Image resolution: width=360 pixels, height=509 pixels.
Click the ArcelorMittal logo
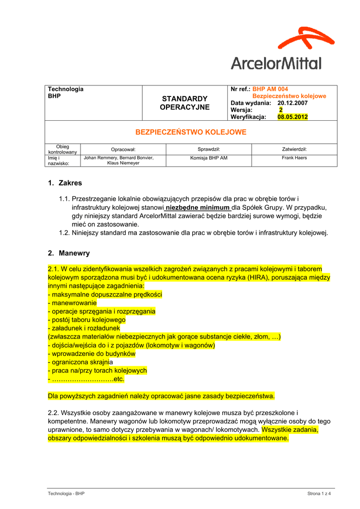pyautogui.click(x=277, y=49)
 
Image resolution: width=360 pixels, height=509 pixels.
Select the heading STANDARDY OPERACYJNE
pyautogui.click(x=184, y=103)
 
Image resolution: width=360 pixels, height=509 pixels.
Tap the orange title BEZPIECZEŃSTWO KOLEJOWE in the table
pyautogui.click(x=191, y=132)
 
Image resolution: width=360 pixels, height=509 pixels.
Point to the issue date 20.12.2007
pyautogui.click(x=292, y=103)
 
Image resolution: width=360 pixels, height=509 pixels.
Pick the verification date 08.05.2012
pyautogui.click(x=292, y=117)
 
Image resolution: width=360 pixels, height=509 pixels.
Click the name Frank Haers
pyautogui.click(x=294, y=158)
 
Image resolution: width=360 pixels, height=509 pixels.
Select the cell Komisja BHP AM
pyautogui.click(x=209, y=158)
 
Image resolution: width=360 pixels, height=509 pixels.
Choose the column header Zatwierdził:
pyautogui.click(x=294, y=149)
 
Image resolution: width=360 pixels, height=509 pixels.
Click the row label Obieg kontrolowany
pyautogui.click(x=63, y=149)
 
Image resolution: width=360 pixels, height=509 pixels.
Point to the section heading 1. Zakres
pyautogui.click(x=65, y=183)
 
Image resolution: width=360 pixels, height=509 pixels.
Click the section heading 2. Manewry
pyautogui.click(x=69, y=253)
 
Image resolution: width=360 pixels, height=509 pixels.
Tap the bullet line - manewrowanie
pyautogui.click(x=73, y=303)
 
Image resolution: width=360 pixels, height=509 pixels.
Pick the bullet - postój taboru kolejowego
pyautogui.click(x=87, y=320)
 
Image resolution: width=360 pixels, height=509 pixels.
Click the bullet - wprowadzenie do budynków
pyautogui.click(x=91, y=353)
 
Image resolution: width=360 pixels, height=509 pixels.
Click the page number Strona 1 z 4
pyautogui.click(x=319, y=493)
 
